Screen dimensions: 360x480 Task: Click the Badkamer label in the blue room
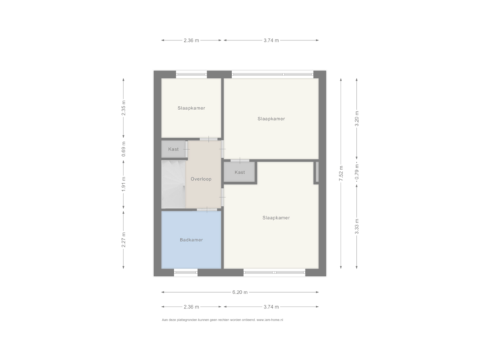click(191, 240)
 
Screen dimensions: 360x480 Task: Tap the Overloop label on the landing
click(201, 179)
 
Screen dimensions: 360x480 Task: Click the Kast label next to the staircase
click(173, 149)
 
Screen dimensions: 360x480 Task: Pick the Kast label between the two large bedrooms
click(240, 172)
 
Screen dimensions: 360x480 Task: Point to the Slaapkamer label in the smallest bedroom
click(191, 108)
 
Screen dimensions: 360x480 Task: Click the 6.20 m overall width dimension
click(240, 293)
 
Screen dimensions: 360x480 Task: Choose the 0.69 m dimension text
click(123, 148)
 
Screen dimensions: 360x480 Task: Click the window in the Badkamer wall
click(185, 271)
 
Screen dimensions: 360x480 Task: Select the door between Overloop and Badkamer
click(206, 209)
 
